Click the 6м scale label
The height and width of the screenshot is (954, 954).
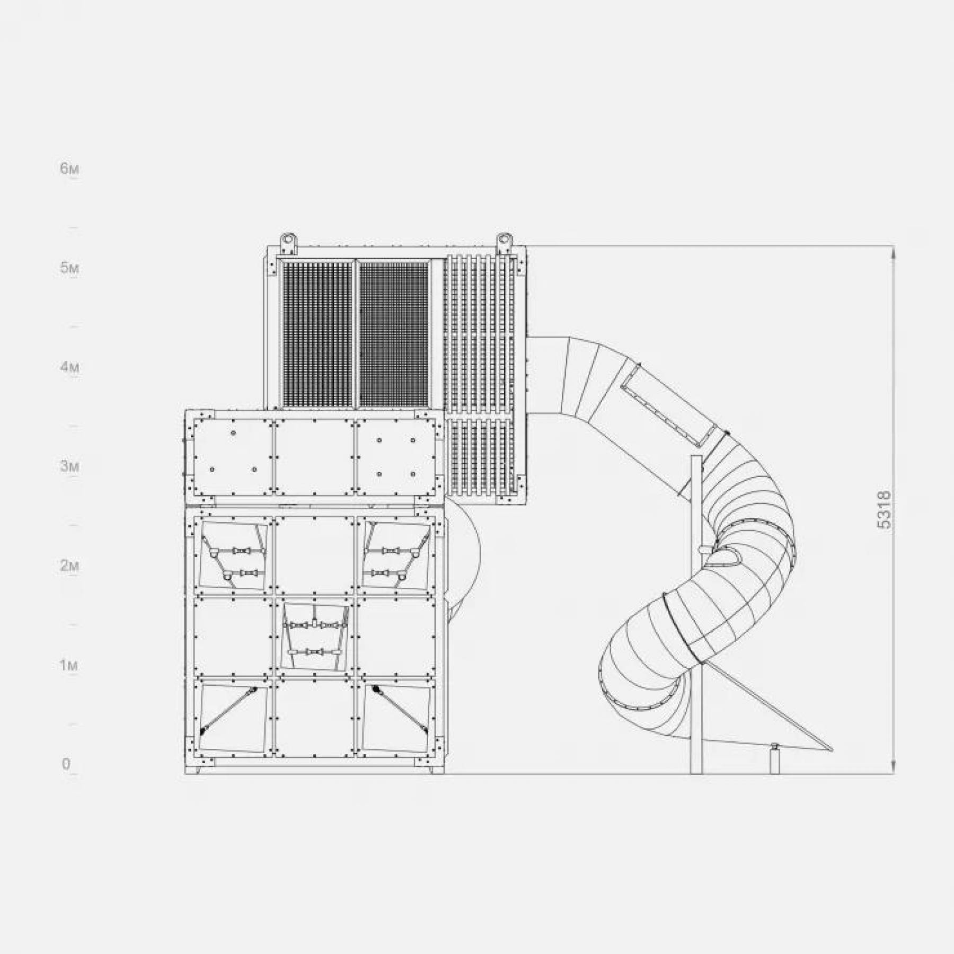pos(69,169)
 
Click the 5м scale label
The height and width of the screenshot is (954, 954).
pos(69,268)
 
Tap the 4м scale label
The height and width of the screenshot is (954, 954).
pos(69,367)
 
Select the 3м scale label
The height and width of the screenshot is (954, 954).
pos(69,466)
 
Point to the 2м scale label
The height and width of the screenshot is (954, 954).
pos(69,566)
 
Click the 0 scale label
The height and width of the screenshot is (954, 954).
pos(66,764)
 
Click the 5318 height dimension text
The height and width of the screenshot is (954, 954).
pos(884,510)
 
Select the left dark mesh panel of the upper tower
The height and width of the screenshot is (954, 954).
pos(317,334)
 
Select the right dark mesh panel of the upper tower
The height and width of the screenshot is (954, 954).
pos(393,334)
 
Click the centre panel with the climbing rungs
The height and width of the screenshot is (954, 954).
pos(315,636)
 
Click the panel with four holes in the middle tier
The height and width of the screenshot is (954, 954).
pos(396,457)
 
